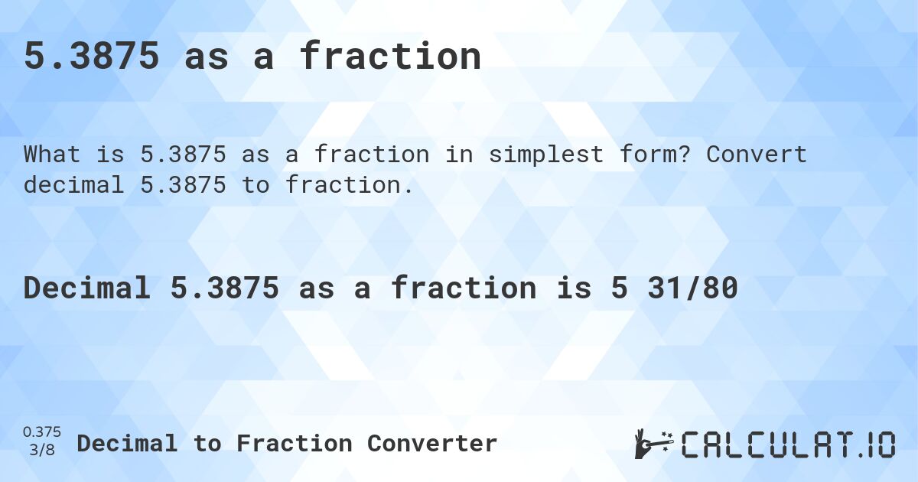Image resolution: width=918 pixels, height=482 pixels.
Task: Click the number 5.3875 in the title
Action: click(92, 57)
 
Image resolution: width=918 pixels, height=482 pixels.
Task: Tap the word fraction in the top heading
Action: click(390, 57)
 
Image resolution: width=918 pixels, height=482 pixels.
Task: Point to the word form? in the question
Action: click(656, 155)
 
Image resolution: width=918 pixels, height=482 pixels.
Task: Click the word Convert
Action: click(756, 155)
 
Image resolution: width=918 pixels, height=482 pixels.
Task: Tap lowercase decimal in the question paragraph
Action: click(73, 184)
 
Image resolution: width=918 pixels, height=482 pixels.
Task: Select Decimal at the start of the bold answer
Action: click(86, 288)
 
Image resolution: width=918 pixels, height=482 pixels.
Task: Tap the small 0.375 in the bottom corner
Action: click(42, 433)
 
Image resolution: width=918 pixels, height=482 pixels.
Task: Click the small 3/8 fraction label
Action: click(42, 451)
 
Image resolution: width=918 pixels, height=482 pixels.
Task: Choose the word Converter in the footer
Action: click(432, 443)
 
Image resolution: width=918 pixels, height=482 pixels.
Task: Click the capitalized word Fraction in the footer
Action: click(295, 443)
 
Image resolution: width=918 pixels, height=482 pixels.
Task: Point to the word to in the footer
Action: click(207, 443)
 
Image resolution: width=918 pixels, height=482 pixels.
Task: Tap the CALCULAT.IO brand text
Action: click(788, 445)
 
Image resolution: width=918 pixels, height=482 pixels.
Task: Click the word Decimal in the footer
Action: click(127, 443)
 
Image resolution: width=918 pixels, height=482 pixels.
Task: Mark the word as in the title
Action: click(207, 57)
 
